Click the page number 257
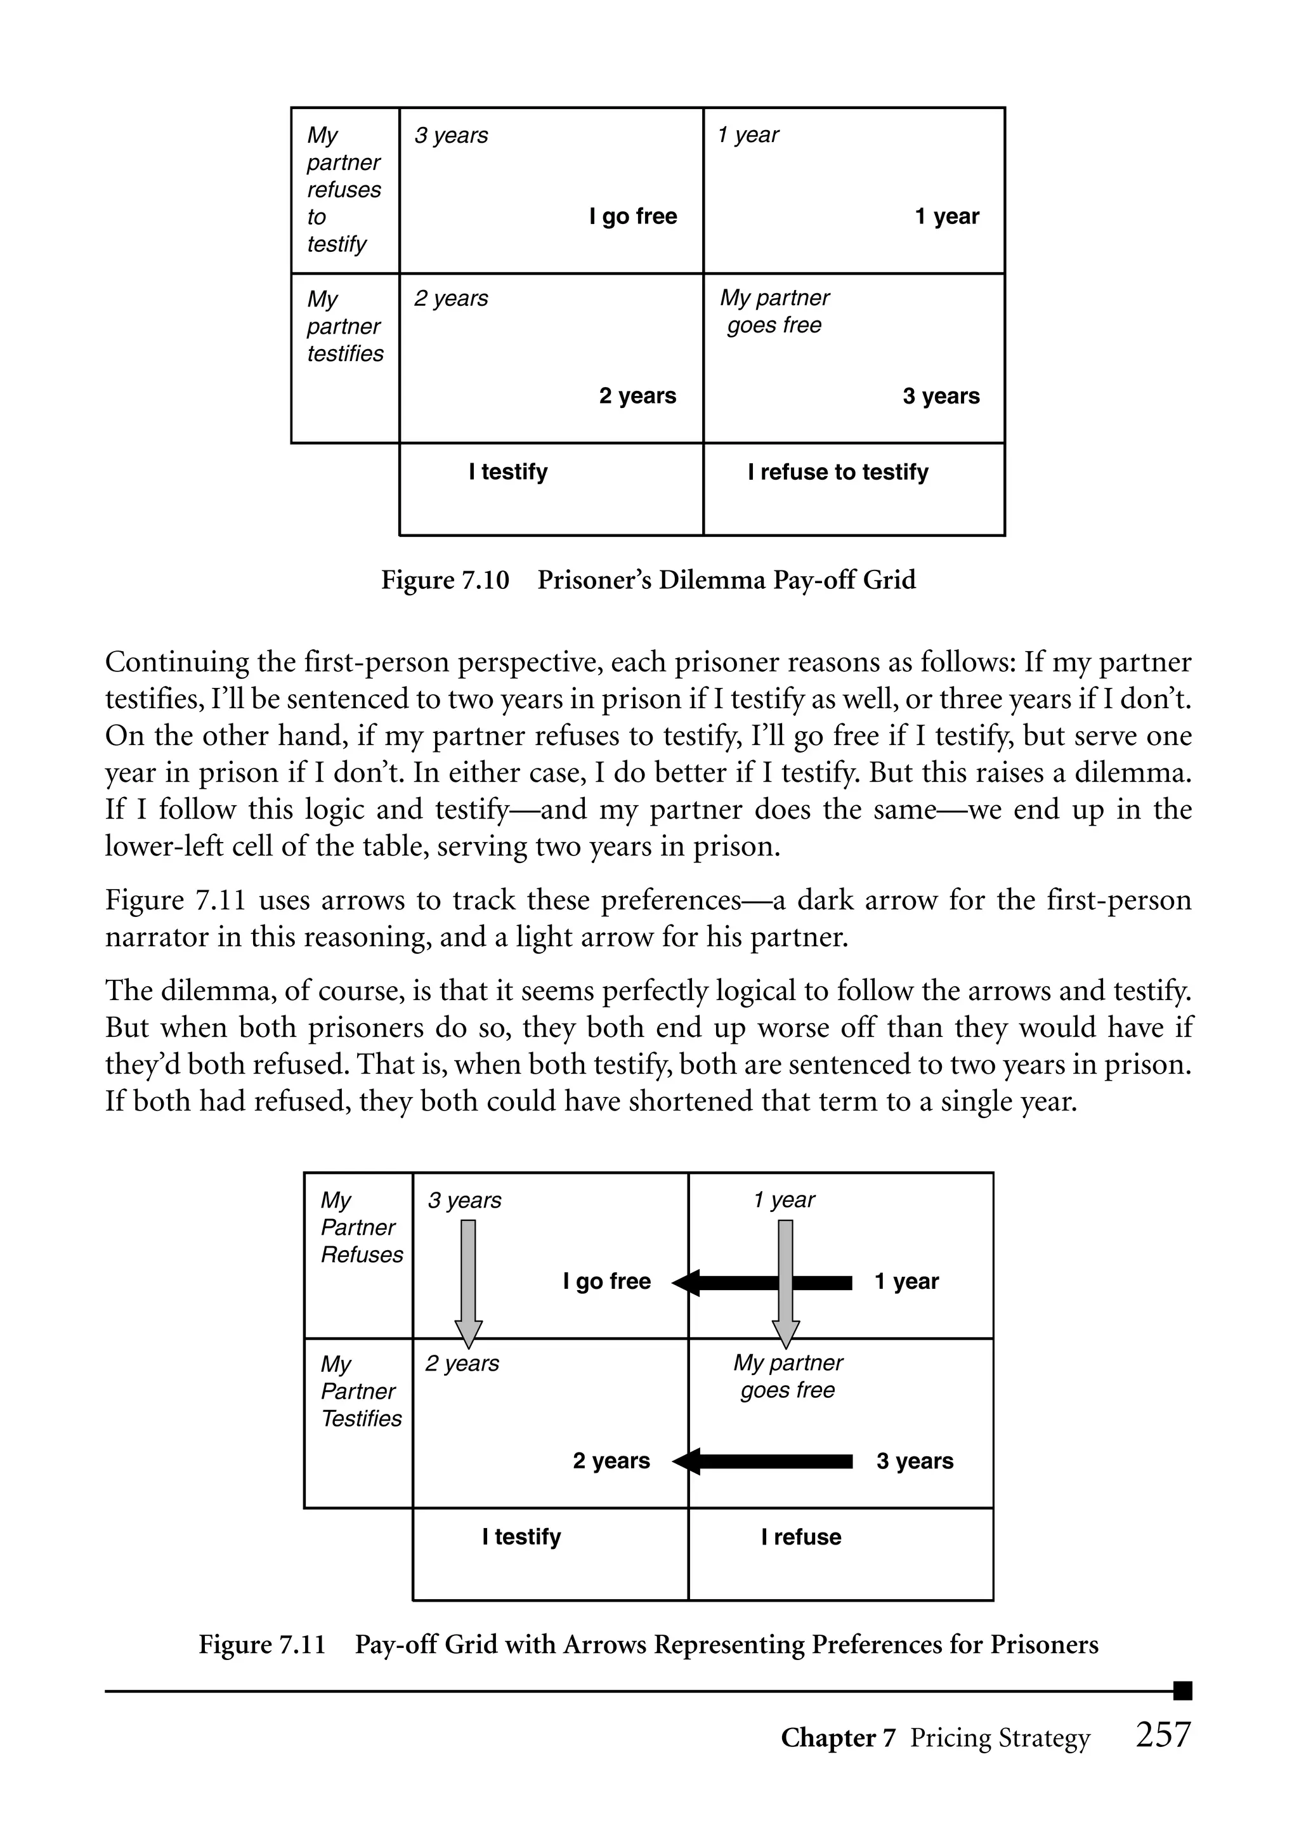coord(1163,1736)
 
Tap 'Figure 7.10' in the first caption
coord(445,580)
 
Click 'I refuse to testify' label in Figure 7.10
coord(837,472)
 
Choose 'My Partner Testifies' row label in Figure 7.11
coord(361,1392)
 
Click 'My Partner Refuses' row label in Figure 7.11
coord(361,1227)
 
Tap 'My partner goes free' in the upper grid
coord(774,311)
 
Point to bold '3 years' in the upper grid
coord(941,396)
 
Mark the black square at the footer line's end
coord(1182,1690)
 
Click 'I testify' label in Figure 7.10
coord(508,472)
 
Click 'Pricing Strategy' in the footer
coord(1000,1738)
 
